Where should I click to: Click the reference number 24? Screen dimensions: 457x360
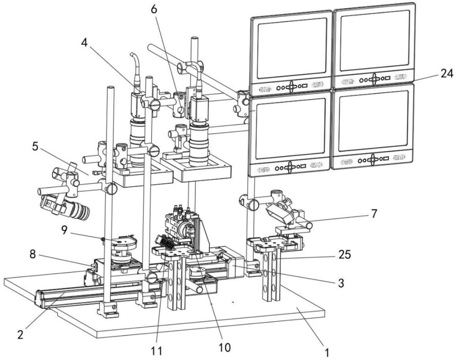(446, 74)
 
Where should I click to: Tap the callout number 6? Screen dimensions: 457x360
(154, 9)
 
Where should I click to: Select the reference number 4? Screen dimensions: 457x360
(84, 43)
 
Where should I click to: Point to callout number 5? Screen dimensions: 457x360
(35, 147)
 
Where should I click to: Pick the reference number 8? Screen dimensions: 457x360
(32, 254)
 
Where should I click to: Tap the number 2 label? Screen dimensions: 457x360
(20, 334)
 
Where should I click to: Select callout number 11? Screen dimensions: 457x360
(157, 350)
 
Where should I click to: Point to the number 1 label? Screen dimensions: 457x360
(327, 353)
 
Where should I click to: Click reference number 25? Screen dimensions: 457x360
(345, 255)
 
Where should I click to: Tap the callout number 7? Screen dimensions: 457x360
(374, 214)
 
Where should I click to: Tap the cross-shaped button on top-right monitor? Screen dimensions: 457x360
(373, 79)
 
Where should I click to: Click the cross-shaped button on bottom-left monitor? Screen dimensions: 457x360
(291, 167)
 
